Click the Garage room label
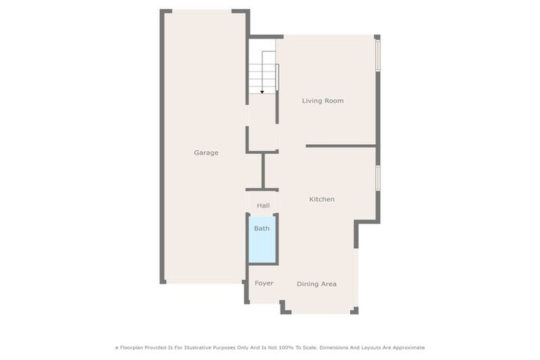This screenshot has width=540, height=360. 206,153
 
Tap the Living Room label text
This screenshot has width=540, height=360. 323,101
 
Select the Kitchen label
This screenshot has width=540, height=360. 322,200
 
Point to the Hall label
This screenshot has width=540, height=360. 263,205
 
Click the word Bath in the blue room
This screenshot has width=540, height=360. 262,229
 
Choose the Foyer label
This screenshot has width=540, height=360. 264,283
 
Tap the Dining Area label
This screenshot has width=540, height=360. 316,284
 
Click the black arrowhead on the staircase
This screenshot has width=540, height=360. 262,91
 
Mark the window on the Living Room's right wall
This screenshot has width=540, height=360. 378,55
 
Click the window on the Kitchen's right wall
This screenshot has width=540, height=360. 378,177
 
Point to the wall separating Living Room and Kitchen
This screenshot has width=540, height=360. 341,146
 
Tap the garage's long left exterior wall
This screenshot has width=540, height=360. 162,148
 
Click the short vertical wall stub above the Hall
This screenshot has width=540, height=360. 263,170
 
